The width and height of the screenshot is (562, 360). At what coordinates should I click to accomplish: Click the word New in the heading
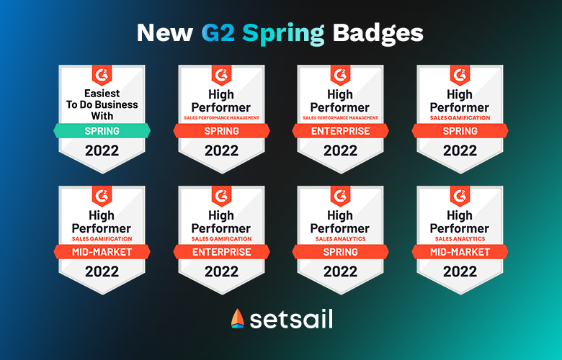coord(164,33)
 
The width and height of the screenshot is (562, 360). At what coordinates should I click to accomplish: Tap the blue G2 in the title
coord(218,33)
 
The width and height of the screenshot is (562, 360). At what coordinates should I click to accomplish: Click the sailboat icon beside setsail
coord(238,318)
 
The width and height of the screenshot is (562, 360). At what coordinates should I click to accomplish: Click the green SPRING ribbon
coord(102,131)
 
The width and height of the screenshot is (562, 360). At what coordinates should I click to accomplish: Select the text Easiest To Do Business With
coord(102,104)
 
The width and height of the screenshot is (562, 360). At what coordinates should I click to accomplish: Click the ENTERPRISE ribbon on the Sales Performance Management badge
coord(341,131)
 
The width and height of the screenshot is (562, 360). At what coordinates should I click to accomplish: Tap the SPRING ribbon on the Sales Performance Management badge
coord(221,131)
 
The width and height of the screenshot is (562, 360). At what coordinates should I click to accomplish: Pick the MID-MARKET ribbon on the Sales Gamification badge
coord(102,252)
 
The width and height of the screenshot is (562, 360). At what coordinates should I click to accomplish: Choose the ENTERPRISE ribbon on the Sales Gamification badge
coord(221,252)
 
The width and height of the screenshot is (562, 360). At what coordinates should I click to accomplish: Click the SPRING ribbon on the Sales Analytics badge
coord(341,252)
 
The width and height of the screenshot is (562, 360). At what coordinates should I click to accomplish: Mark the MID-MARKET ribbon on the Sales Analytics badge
coord(460,252)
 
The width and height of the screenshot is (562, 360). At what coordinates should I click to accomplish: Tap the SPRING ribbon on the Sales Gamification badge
coord(460,131)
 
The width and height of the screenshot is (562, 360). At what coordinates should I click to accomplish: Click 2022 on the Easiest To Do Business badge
coord(102,150)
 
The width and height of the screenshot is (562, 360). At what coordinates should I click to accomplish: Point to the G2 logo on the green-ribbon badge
coord(102,75)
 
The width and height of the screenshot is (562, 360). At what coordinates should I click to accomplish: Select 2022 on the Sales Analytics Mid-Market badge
coord(460,271)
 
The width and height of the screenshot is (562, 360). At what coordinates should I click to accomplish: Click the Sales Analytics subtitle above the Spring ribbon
coord(341,239)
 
